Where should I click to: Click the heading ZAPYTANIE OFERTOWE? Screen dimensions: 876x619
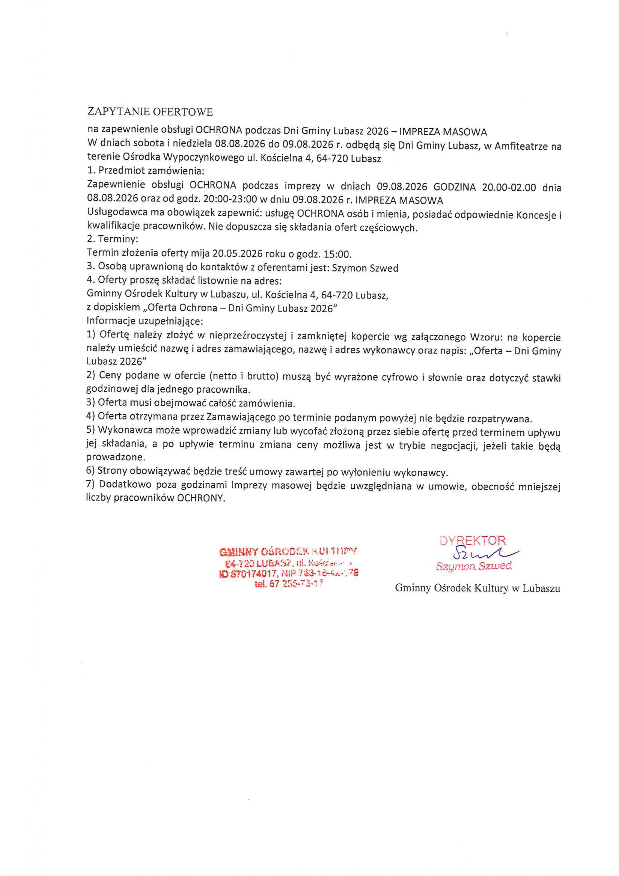[150, 112]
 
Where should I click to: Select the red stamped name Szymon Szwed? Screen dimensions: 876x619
[474, 566]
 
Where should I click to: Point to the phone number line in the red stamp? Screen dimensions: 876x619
[289, 583]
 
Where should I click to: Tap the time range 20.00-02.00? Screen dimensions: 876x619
[509, 187]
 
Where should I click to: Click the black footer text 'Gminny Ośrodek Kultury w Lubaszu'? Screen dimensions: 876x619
[477, 588]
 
